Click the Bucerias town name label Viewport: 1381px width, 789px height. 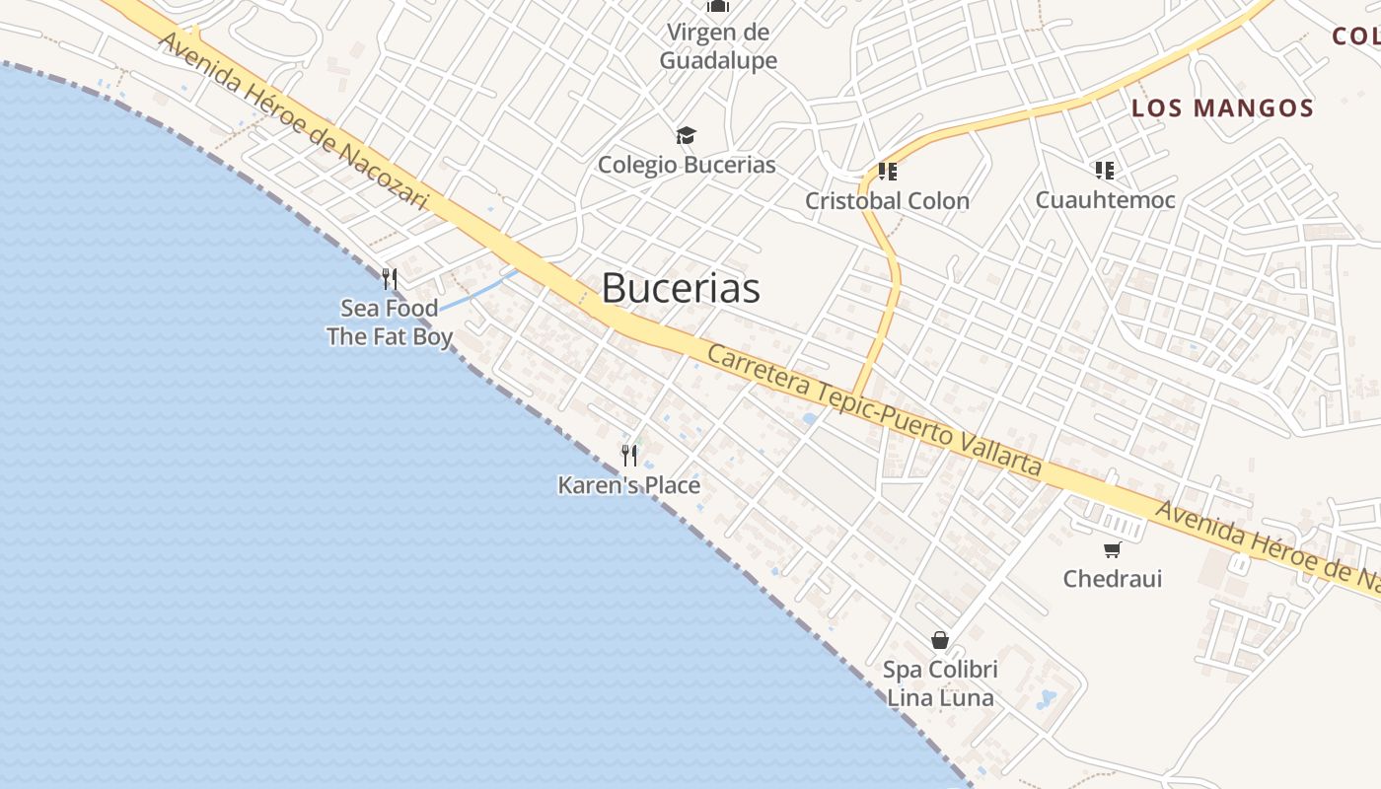tap(681, 288)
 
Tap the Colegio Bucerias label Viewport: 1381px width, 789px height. tap(687, 165)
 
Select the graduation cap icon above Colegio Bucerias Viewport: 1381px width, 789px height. tap(686, 136)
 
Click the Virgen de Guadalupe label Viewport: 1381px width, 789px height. tap(718, 46)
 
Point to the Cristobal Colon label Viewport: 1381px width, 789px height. tap(887, 201)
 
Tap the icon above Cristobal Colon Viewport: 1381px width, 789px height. tap(887, 172)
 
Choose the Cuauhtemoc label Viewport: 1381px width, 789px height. tap(1105, 200)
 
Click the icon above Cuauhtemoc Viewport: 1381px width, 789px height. tap(1104, 171)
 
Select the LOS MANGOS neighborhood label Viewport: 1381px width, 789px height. tap(1222, 108)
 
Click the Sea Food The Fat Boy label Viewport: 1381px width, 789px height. tap(390, 323)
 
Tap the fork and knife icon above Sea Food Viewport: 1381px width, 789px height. tap(390, 279)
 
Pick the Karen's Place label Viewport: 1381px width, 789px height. tap(629, 485)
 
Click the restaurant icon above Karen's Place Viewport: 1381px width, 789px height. tap(629, 455)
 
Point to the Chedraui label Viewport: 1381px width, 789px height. tap(1112, 579)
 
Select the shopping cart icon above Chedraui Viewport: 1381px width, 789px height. tap(1113, 549)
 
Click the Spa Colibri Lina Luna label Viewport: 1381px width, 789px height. tap(940, 683)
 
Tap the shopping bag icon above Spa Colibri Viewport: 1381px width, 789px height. tap(940, 640)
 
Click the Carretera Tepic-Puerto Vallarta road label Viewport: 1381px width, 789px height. tap(874, 410)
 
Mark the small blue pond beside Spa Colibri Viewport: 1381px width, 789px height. tap(1046, 699)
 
